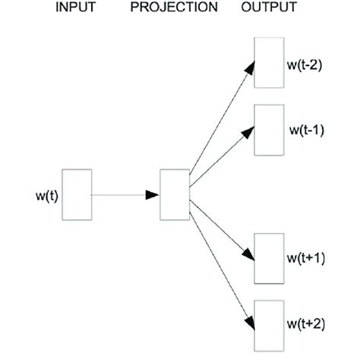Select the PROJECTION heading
[174, 8]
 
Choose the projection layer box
[174, 194]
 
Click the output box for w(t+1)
[268, 259]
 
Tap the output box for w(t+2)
[268, 325]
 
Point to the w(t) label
[49, 197]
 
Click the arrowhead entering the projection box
[153, 195]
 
